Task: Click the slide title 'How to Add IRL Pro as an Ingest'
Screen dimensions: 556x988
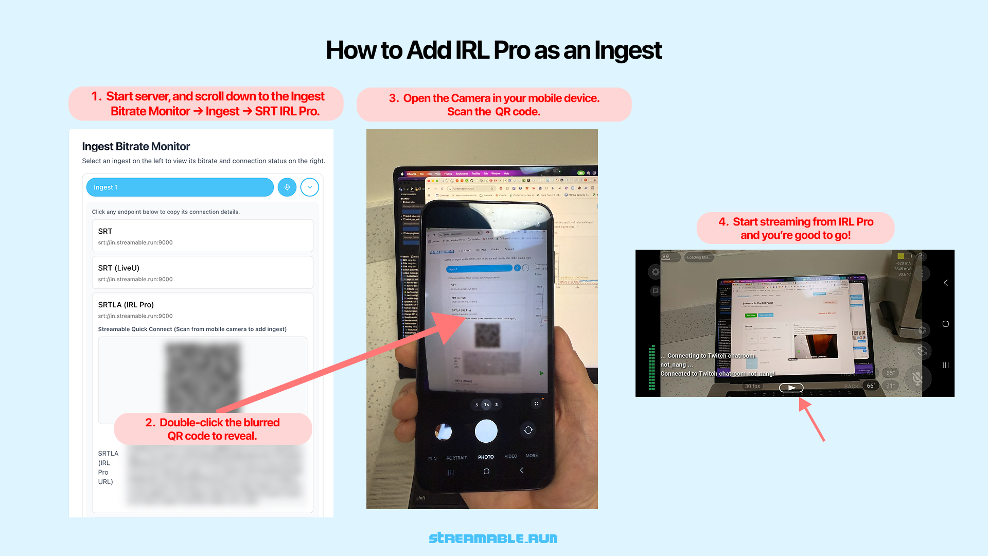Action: tap(493, 50)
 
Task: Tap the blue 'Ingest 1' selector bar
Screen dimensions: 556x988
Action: tap(180, 187)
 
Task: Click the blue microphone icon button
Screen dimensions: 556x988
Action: tap(287, 187)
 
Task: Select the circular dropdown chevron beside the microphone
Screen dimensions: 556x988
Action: tap(310, 187)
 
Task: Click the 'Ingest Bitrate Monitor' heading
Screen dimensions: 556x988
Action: tap(136, 147)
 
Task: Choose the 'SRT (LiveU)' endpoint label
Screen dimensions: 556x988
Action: tap(119, 268)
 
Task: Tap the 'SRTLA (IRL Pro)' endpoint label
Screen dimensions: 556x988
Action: tap(126, 305)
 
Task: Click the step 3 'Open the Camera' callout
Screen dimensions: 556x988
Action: tap(493, 105)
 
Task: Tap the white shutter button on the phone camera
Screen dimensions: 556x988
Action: tap(486, 431)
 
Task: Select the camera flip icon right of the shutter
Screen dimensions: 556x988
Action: tap(528, 430)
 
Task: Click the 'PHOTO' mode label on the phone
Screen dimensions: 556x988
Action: tap(486, 457)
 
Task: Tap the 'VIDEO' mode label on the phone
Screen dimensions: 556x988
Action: tap(510, 456)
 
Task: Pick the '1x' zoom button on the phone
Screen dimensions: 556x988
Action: tap(486, 405)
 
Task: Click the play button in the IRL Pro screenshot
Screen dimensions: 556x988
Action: tap(791, 388)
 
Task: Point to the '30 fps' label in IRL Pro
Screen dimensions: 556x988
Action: tap(752, 386)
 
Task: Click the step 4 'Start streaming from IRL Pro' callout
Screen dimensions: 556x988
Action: tap(796, 228)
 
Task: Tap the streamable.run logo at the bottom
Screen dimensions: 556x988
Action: tap(493, 538)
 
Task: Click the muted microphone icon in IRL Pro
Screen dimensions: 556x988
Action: tap(917, 378)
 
